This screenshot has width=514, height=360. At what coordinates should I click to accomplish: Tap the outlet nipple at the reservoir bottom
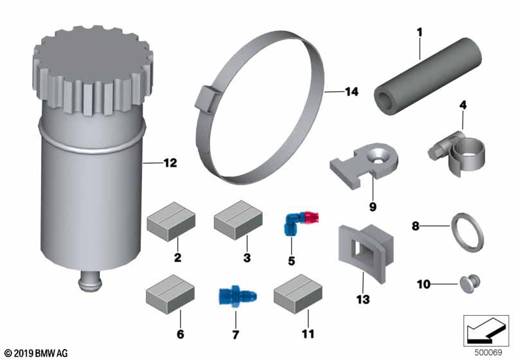pos(89,282)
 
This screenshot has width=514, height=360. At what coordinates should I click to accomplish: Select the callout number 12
pos(170,163)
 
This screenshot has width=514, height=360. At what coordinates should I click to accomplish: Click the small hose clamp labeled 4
pos(457,153)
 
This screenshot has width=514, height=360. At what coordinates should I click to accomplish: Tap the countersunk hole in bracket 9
pos(378,157)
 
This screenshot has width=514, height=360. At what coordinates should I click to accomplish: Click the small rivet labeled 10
pos(470,283)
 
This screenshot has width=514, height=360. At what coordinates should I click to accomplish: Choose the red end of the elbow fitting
pos(312,217)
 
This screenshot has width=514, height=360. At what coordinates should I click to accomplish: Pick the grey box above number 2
pos(171,222)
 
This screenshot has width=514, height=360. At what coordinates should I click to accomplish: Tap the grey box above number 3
pos(238,221)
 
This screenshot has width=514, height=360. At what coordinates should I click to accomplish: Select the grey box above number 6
pos(170,294)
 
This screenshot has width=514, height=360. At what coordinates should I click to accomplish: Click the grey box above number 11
pos(298,294)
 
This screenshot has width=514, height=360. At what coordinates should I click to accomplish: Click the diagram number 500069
pos(488,352)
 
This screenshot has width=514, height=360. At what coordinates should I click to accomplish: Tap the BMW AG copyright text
pos(36,353)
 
